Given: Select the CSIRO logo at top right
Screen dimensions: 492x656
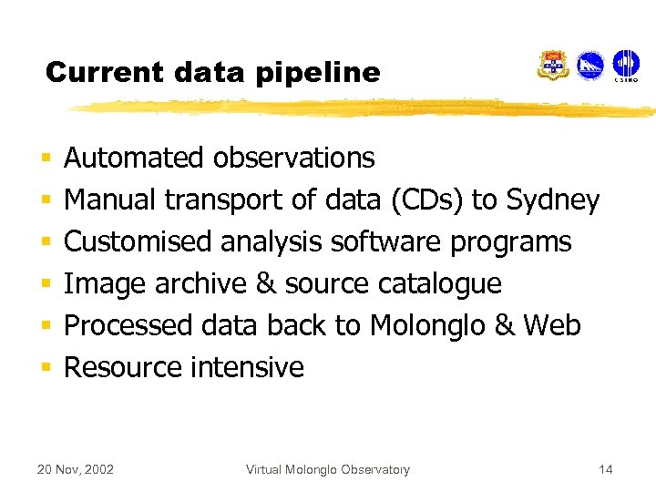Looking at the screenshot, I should tap(625, 67).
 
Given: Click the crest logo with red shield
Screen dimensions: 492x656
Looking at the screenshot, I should tap(553, 66).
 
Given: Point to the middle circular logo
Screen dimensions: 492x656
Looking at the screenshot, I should tap(590, 66).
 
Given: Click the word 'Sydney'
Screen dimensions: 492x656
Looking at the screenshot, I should tap(553, 200).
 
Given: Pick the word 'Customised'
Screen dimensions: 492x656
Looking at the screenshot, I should tap(138, 241).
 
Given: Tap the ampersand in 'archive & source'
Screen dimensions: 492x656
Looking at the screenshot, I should tap(266, 283).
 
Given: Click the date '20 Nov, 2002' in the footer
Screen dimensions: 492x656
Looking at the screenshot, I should tap(75, 469).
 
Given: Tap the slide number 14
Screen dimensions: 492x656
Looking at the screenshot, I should tap(606, 469).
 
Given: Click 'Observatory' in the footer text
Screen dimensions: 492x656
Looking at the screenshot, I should tap(374, 469).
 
